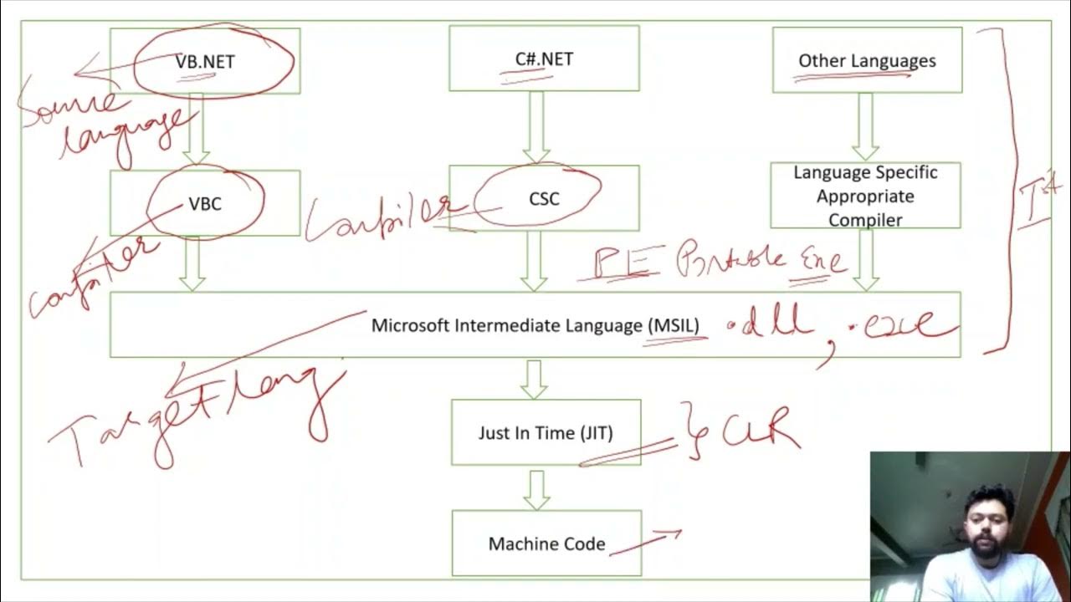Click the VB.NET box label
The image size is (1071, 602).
(205, 61)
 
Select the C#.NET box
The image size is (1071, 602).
(544, 59)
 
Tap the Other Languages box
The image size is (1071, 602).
(867, 60)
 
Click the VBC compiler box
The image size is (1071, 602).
(205, 203)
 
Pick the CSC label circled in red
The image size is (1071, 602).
(544, 199)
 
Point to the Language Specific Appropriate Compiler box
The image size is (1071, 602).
(865, 196)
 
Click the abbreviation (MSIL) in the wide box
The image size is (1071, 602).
(674, 325)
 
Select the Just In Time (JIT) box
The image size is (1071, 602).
(546, 432)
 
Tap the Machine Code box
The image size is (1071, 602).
(546, 543)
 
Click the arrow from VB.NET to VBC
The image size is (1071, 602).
(197, 130)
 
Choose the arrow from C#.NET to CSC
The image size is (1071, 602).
(536, 127)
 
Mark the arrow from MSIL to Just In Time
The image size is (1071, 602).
(534, 379)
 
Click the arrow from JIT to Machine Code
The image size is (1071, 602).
(536, 490)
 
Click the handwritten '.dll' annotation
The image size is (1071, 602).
(770, 324)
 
